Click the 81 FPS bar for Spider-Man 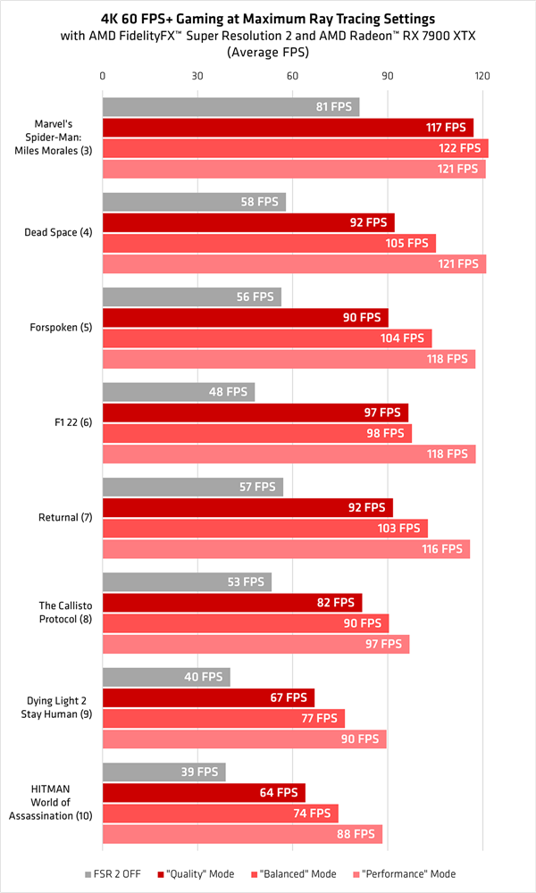230,107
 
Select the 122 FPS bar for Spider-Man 295,148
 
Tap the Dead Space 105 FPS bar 269,243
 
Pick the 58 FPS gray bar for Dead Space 194,202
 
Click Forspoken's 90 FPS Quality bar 245,317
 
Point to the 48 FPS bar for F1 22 179,391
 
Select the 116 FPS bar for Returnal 286,549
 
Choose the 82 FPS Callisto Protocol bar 232,603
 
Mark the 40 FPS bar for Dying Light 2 166,677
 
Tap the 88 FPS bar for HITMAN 242,834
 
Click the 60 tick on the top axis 292,76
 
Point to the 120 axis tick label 482,76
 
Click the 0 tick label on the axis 103,76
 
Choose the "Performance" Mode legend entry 406,874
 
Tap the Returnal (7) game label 60,518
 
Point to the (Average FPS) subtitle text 268,53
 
